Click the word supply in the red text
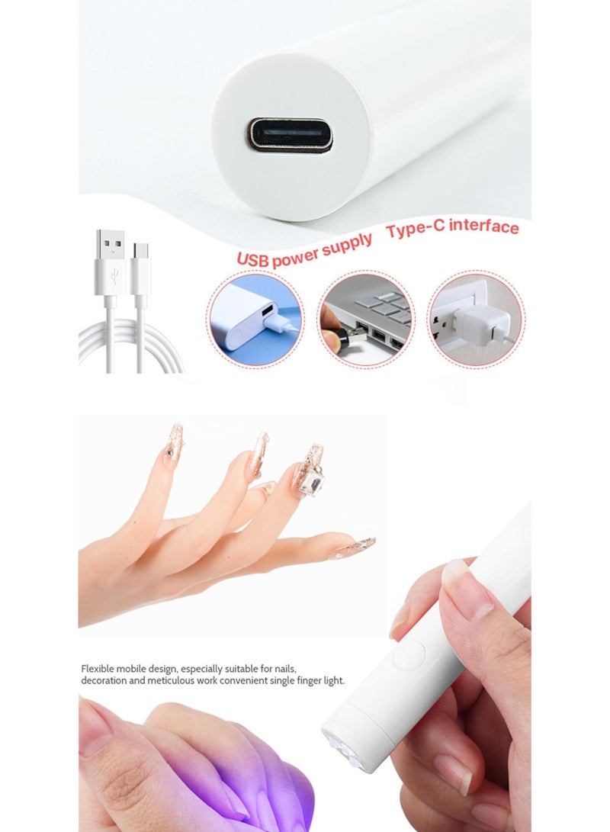pos(348,243)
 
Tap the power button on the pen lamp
pos(413,655)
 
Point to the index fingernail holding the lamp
pos(466,587)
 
